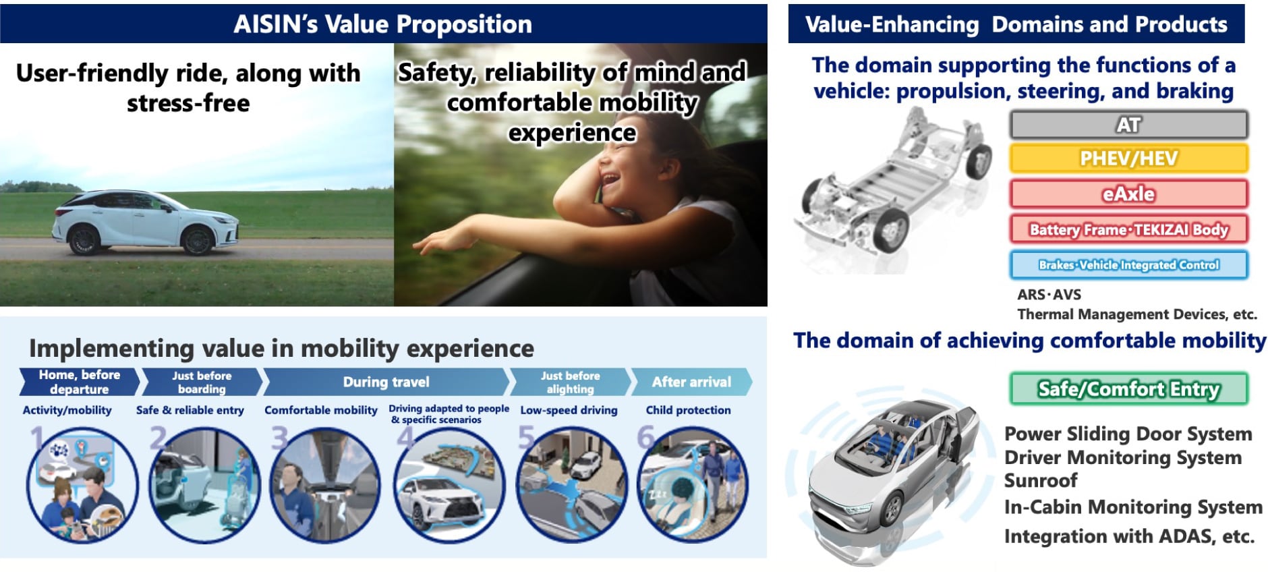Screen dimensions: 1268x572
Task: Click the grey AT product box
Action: point(1128,125)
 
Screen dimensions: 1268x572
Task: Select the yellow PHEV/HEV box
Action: point(1128,159)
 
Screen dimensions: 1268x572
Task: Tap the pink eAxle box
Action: point(1128,194)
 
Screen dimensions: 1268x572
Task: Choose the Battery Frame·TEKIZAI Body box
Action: point(1128,229)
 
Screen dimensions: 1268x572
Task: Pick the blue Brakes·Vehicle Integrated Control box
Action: point(1128,264)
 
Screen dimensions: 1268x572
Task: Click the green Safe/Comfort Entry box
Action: point(1128,389)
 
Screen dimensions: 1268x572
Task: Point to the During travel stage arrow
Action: point(386,382)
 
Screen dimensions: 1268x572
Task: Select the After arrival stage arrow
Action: point(691,382)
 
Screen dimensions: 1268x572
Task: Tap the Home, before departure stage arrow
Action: point(79,382)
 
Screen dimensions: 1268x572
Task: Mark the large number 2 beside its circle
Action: point(158,438)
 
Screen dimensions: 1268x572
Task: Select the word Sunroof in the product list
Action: point(1041,481)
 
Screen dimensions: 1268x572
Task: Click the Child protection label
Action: point(688,410)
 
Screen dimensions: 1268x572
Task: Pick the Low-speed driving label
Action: point(569,410)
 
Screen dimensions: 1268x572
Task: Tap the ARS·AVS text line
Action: point(1049,295)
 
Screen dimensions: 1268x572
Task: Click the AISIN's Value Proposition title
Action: point(382,24)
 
